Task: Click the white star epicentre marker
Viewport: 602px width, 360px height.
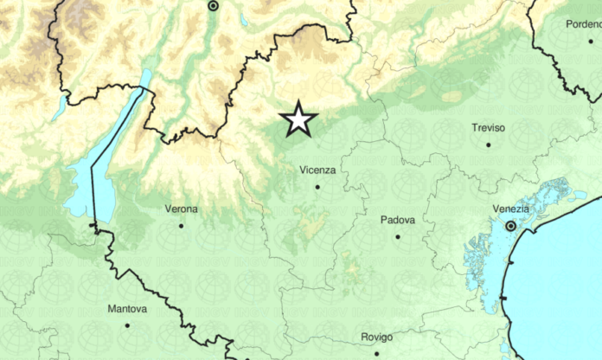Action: coord(298,119)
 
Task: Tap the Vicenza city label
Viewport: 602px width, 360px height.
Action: coord(317,170)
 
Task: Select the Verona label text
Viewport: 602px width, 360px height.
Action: coord(182,209)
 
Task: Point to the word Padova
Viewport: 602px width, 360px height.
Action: coord(398,220)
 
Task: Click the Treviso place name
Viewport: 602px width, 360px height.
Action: coord(489,128)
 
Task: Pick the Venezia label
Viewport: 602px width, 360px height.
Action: coord(510,209)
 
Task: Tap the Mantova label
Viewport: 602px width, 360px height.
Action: coord(127,309)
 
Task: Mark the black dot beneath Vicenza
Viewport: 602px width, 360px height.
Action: coord(317,186)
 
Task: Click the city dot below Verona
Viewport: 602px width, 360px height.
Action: coord(181,226)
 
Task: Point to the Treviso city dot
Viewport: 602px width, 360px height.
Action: coord(489,145)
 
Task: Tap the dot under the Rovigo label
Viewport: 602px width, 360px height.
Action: coord(376,352)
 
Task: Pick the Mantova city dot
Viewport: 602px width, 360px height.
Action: coord(127,325)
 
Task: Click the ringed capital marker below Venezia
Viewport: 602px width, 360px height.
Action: coord(510,226)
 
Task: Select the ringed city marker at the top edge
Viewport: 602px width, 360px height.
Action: coord(214,5)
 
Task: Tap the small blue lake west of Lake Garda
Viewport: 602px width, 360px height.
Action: coord(59,107)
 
